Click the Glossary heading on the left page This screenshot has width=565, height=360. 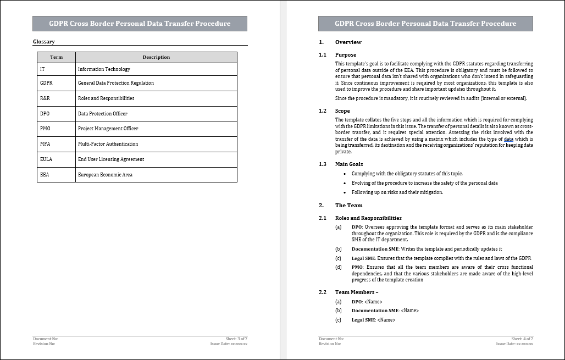click(44, 42)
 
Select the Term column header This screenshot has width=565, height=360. click(56, 57)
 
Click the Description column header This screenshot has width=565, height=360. click(156, 57)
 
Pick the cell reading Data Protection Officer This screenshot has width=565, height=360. click(103, 114)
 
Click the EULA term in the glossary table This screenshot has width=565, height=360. click(47, 159)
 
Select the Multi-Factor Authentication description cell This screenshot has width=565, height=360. click(108, 144)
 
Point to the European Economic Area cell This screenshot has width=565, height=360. click(105, 175)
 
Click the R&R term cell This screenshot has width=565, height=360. click(46, 98)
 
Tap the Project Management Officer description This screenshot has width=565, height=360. click(108, 129)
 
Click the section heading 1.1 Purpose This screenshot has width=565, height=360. click(345, 55)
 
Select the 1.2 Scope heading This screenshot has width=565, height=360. click(342, 111)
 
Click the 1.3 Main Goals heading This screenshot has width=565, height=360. click(348, 164)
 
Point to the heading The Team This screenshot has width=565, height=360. click(348, 205)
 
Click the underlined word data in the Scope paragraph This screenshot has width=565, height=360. click(508, 140)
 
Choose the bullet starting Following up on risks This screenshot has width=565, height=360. click(397, 192)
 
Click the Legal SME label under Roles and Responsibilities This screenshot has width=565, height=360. click(363, 258)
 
